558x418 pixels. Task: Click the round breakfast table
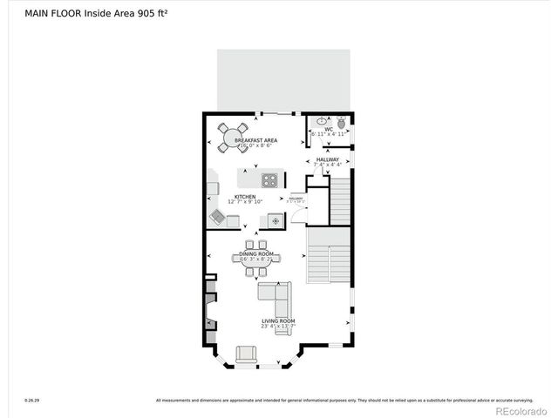coord(234,137)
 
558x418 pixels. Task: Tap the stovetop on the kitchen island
coord(270,181)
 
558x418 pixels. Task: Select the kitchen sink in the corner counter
coord(217,216)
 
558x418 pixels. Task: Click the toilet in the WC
coord(341,123)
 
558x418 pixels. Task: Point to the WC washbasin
coord(322,122)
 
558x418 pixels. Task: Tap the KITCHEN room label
coord(244,197)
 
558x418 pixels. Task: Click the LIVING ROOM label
coord(279,321)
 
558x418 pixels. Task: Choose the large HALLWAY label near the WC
coord(328,159)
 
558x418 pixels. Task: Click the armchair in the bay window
coord(247,354)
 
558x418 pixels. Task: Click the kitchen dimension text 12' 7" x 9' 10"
coord(244,202)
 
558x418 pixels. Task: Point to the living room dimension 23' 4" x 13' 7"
coord(279,327)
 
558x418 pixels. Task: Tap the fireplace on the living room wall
coord(210,309)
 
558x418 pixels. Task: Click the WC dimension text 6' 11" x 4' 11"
coord(329,135)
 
